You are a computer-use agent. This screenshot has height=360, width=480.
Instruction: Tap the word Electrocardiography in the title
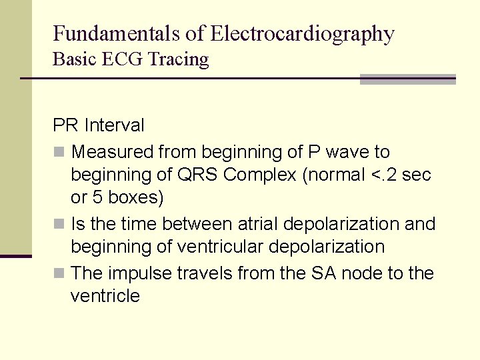302,34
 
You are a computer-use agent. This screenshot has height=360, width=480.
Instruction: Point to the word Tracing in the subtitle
179,60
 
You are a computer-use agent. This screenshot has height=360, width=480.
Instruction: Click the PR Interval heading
99,125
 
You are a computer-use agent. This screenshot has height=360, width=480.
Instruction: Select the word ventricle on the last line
105,296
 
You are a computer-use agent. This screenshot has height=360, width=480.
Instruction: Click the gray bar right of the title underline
407,79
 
